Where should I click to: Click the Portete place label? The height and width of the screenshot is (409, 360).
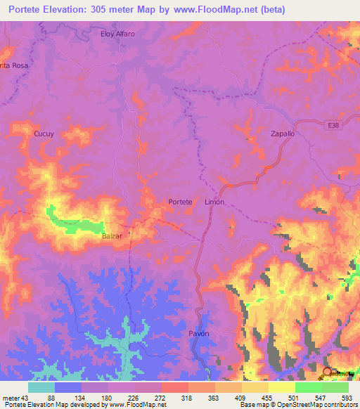tap(180, 202)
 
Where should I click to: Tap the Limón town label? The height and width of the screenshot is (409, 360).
tap(214, 202)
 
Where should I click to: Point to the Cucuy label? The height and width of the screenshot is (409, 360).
tap(44, 133)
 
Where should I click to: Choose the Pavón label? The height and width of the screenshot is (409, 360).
tap(199, 333)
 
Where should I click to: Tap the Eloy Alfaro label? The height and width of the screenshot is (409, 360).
tap(117, 34)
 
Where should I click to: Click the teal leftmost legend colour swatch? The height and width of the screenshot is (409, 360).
tap(41, 387)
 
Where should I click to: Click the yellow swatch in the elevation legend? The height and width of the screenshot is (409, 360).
tap(282, 387)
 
